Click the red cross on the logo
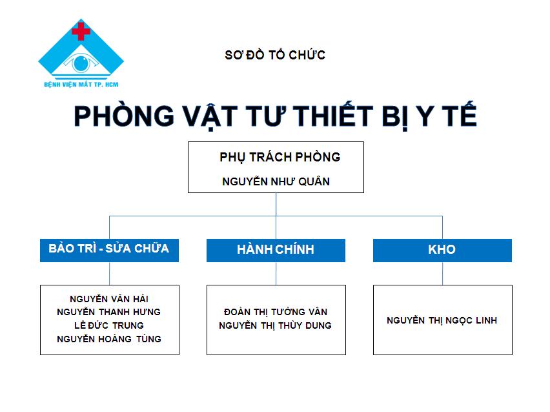coord(81,32)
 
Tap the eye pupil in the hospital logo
coord(81,63)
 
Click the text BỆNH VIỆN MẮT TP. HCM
coord(81,85)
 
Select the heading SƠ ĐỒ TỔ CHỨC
coord(275,55)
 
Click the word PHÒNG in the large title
coord(124,116)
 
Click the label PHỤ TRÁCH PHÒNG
coord(280,157)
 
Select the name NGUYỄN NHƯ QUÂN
coord(276,181)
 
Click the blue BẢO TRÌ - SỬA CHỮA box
coord(110,250)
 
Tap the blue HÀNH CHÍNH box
coord(276,250)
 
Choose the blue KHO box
coord(442,250)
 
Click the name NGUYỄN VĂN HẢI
coord(109,299)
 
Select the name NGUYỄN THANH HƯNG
coord(108,312)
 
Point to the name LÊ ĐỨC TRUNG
coord(108,325)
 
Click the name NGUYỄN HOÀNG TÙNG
coord(109,338)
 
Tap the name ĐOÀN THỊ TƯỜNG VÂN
coord(276,312)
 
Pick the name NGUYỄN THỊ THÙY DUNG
coord(276,325)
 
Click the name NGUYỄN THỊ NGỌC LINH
coord(442,320)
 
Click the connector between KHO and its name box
coord(442,273)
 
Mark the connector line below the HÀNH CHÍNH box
coord(276,273)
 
